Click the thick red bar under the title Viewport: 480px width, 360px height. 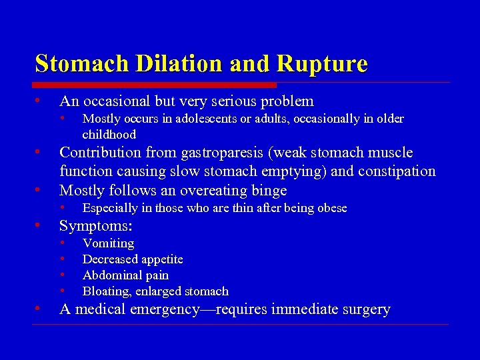pyautogui.click(x=155, y=85)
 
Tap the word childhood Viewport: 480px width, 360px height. pyautogui.click(x=109, y=135)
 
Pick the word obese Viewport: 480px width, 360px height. pyautogui.click(x=331, y=208)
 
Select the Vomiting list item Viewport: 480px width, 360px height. pyautogui.click(x=108, y=243)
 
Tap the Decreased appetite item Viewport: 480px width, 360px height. pyautogui.click(x=133, y=259)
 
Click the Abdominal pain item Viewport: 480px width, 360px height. pyautogui.click(x=125, y=275)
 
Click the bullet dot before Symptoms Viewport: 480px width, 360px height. pyautogui.click(x=39, y=225)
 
